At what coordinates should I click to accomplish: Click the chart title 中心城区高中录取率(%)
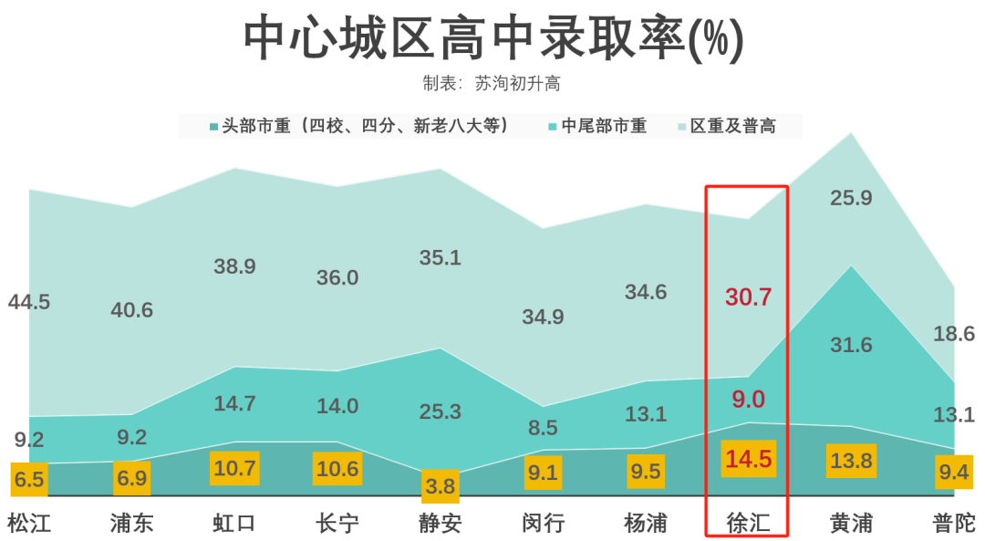point(493,39)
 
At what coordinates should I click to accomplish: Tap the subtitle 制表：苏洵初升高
point(492,84)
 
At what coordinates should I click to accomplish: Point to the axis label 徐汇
point(748,523)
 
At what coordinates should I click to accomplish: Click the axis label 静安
point(440,523)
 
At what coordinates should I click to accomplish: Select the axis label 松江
point(29,523)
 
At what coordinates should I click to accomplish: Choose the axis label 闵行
point(543,523)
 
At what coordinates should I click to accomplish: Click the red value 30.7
point(749,297)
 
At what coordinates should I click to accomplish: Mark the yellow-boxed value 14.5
point(748,459)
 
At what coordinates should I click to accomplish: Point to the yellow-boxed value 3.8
point(440,486)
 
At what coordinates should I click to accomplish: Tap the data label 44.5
point(29,303)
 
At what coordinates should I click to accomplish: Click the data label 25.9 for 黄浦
point(851,198)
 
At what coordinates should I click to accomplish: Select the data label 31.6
point(851,345)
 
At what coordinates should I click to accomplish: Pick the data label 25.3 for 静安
point(440,411)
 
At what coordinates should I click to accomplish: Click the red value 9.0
point(749,399)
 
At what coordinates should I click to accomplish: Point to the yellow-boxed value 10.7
point(234,469)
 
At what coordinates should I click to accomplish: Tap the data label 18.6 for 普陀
point(954,334)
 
